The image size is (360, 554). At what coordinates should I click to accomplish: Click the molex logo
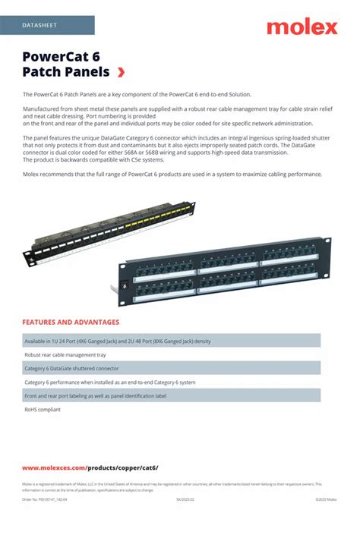coord(302,27)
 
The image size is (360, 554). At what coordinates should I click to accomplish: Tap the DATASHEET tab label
coord(39,25)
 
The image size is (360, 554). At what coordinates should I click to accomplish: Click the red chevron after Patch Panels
coord(121,72)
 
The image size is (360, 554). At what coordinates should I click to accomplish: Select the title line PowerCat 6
coord(61,56)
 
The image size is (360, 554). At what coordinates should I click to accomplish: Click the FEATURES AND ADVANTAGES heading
coord(71,322)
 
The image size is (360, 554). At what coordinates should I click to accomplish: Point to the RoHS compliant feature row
coord(43,410)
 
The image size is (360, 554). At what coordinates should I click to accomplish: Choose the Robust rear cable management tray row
coord(65,354)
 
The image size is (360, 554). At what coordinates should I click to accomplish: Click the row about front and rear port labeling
coord(95,396)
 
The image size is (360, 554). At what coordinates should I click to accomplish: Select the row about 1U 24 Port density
coord(117,341)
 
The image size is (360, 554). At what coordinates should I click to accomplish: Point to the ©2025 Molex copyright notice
coord(326,499)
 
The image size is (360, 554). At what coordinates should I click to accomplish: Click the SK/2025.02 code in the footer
coord(185,499)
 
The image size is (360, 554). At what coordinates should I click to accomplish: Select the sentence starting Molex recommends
coord(172,174)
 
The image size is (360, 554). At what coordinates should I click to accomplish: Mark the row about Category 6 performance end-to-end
coord(110,382)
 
